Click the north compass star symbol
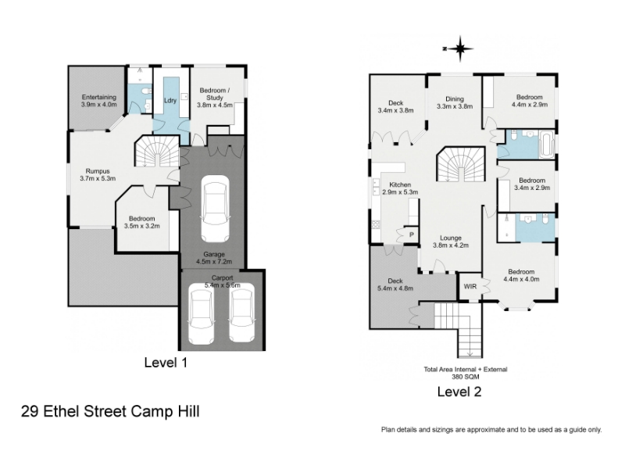coord(460,48)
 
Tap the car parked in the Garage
coord(215,209)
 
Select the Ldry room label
coord(170,100)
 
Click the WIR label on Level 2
coord(470,286)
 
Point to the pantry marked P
coord(412,235)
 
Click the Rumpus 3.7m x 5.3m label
coord(98,174)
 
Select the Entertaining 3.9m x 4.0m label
coord(99,101)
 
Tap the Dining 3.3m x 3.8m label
coord(455,102)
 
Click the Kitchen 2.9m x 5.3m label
coord(400,188)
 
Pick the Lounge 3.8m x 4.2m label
coord(451,242)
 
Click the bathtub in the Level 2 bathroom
coord(546,144)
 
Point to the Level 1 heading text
coord(166,363)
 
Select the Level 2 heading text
coord(459,392)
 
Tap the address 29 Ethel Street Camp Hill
coord(110,411)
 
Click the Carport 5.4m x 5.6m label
coord(223,281)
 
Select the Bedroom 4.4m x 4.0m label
coord(521,276)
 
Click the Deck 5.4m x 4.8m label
coord(395,285)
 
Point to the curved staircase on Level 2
coord(461,164)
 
